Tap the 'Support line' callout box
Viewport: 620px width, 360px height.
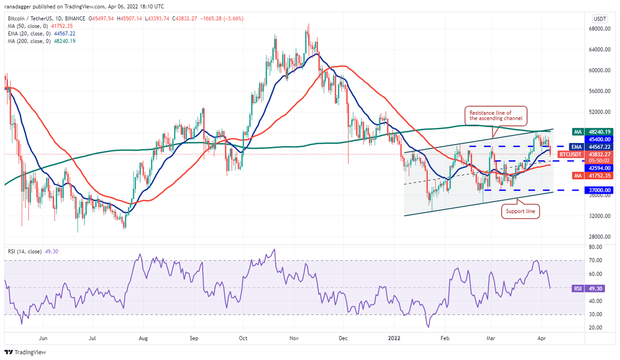[x=520, y=211]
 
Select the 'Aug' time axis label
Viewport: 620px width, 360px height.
[x=144, y=339]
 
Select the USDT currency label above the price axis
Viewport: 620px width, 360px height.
[x=599, y=18]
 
